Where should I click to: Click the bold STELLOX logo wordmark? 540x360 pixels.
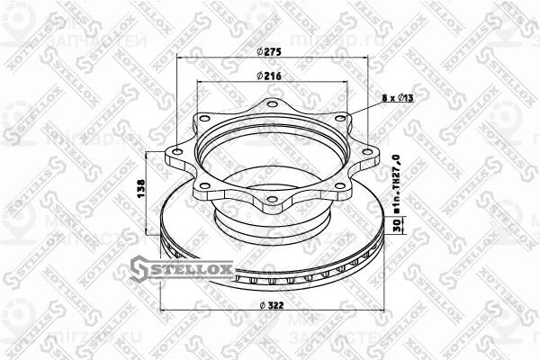tap(193, 267)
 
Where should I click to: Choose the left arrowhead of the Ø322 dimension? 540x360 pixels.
tap(162, 313)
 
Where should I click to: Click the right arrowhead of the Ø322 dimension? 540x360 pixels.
tap(377, 313)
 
